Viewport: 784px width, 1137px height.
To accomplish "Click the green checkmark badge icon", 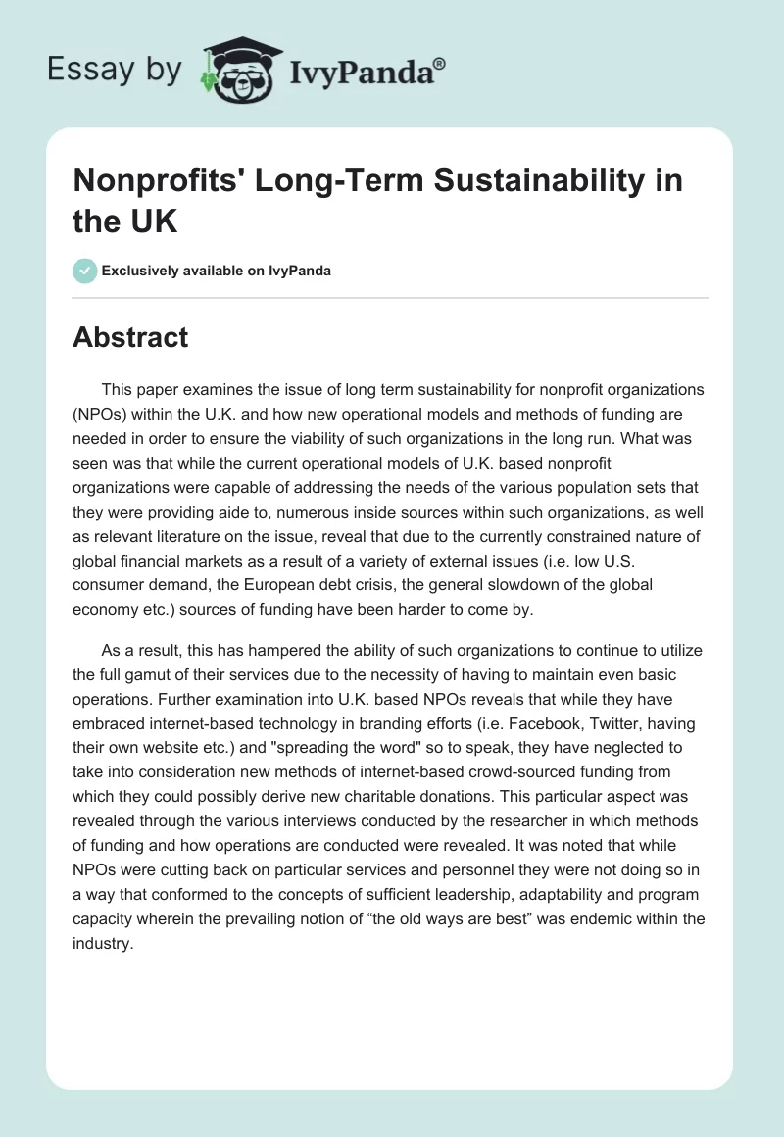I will (84, 271).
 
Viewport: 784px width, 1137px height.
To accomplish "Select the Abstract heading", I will (130, 338).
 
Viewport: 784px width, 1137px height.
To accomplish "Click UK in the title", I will (151, 222).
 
